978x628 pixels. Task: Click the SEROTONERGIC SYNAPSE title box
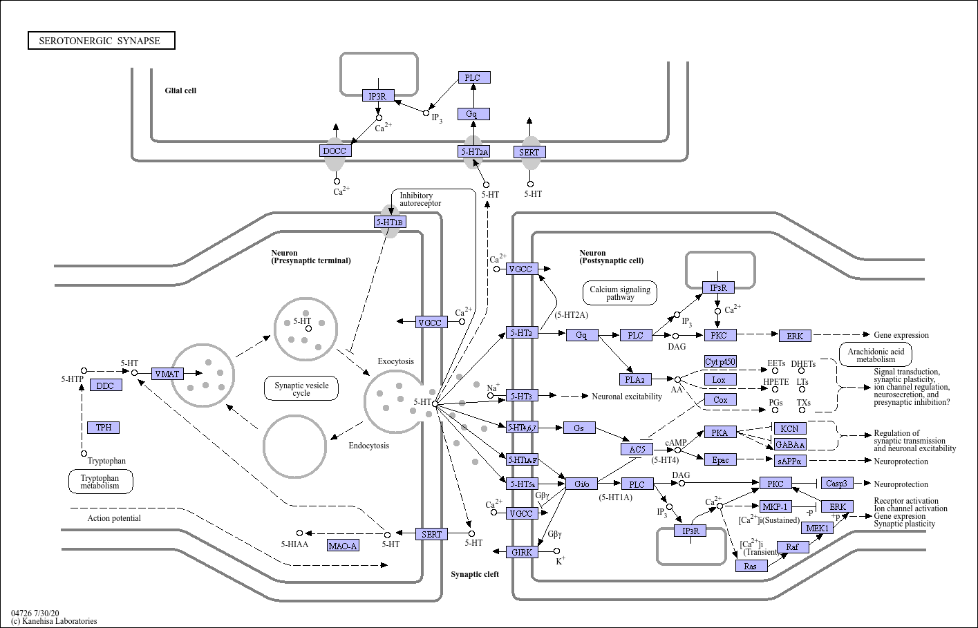[101, 41]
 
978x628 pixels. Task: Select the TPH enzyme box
[104, 428]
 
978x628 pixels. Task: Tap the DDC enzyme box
[105, 386]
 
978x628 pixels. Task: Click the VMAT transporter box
[167, 374]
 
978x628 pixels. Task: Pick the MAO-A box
[343, 546]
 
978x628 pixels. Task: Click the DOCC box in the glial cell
[335, 151]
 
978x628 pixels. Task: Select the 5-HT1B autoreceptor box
[390, 222]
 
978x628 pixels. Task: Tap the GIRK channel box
[523, 552]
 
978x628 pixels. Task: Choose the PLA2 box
[634, 379]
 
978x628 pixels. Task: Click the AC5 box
[637, 449]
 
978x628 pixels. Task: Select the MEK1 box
[818, 529]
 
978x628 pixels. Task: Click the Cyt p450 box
[720, 362]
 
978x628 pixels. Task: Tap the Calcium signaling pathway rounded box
[620, 294]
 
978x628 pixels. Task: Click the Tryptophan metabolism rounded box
[100, 482]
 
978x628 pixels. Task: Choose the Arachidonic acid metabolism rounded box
[875, 355]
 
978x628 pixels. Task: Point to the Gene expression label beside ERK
[901, 335]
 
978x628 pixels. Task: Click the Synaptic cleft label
[475, 574]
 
